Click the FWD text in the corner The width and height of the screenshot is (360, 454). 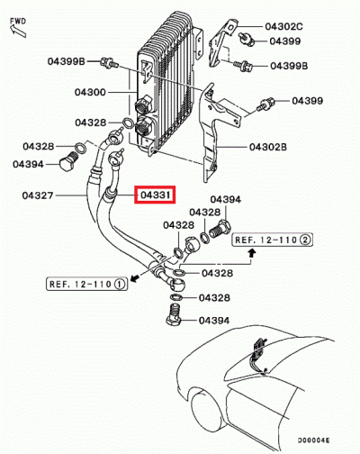[17, 14]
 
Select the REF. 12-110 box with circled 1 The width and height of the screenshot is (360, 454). [85, 284]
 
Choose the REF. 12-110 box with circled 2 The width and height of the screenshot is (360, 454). [273, 241]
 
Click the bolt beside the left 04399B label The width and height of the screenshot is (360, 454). [109, 62]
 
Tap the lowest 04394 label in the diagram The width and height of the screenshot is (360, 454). [214, 320]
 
